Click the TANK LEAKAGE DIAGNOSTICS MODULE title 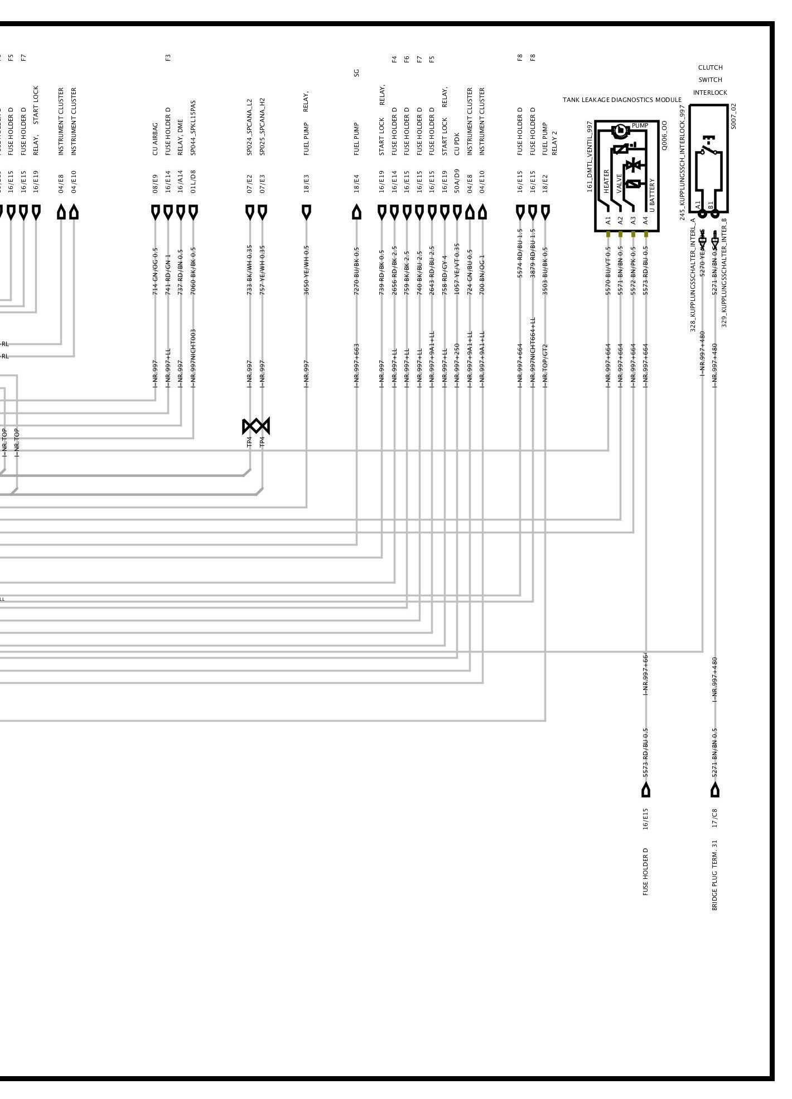coord(622,100)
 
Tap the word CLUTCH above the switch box coord(710,67)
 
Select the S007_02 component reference coord(734,115)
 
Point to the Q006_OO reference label coord(664,137)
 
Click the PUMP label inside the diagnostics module coord(640,126)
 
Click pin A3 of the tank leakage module coord(633,221)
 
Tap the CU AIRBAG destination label coord(156,138)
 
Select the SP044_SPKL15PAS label coord(193,128)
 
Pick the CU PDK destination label coord(457,144)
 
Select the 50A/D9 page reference coord(457,180)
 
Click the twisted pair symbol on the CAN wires coord(256,426)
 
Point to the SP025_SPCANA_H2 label coord(262,127)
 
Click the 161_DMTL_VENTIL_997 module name coord(590,156)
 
